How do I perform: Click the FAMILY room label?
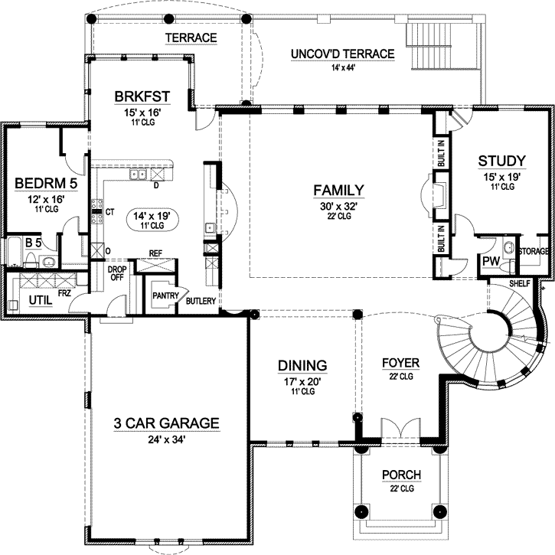click(338, 190)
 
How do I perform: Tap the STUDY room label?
click(502, 161)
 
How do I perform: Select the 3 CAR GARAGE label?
click(166, 423)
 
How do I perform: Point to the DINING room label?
click(302, 366)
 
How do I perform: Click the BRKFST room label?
click(142, 96)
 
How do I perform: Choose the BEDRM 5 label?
click(46, 184)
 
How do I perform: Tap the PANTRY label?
click(165, 295)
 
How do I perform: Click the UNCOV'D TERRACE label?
click(343, 54)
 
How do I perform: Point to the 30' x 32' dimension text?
click(338, 206)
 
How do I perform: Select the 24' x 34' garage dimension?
click(166, 439)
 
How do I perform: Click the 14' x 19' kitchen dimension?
click(152, 215)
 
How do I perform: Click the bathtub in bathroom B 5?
click(14, 251)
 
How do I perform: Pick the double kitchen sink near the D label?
click(138, 175)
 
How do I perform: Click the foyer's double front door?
click(400, 429)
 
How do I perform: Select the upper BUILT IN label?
click(441, 153)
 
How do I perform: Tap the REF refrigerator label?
click(155, 253)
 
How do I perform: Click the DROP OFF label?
click(117, 273)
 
